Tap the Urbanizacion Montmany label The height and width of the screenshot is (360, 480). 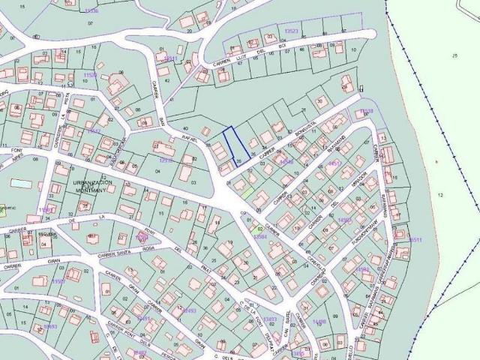pyautogui.click(x=92, y=186)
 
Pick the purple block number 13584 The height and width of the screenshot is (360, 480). pyautogui.click(x=259, y=237)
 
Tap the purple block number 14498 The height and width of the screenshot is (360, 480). pyautogui.click(x=319, y=322)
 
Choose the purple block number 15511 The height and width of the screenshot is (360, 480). pyautogui.click(x=415, y=239)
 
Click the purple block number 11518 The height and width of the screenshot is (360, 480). pyautogui.click(x=91, y=75)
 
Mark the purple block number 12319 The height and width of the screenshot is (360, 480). pyautogui.click(x=166, y=160)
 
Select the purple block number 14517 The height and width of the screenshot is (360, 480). pyautogui.click(x=334, y=163)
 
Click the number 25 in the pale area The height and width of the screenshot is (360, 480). pyautogui.click(x=454, y=56)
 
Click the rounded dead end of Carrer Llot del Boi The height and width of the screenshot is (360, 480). pyautogui.click(x=370, y=34)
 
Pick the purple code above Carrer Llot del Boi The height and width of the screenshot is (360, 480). pyautogui.click(x=292, y=31)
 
